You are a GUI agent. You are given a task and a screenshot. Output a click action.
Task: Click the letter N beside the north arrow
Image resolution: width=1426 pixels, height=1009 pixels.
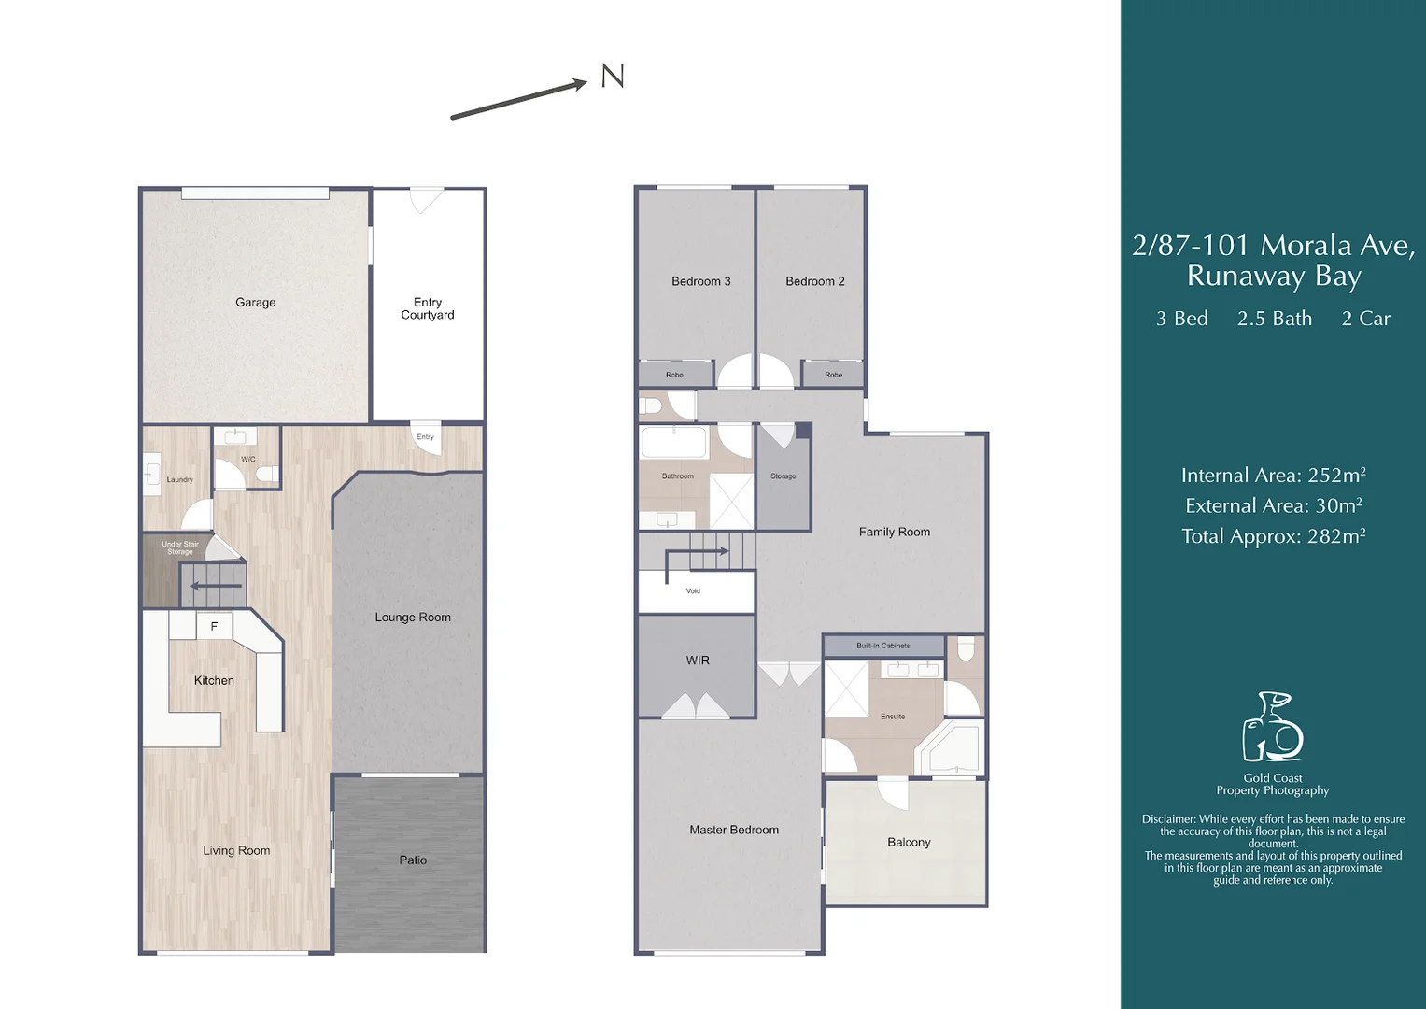click(613, 76)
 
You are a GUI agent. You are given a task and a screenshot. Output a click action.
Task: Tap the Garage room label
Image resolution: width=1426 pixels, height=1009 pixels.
click(255, 303)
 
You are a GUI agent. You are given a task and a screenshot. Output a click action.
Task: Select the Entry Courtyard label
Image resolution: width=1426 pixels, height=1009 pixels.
click(428, 308)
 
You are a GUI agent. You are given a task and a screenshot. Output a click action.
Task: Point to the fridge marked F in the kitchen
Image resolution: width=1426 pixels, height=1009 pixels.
click(214, 626)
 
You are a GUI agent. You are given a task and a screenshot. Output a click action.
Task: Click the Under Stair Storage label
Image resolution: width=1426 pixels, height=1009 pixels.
click(179, 547)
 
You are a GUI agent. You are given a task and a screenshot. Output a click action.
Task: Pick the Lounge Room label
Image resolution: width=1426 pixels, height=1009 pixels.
click(413, 618)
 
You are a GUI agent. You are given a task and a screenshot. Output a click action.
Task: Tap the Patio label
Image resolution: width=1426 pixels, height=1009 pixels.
click(413, 860)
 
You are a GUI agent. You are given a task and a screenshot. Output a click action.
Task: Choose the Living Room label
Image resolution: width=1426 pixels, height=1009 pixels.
click(236, 850)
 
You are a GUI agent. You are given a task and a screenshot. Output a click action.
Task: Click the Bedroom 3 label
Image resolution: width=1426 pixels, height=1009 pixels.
click(700, 281)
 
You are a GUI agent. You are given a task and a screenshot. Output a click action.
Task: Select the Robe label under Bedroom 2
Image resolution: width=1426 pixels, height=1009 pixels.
click(833, 375)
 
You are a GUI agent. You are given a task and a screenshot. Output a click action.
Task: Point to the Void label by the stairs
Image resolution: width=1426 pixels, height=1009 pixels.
click(693, 590)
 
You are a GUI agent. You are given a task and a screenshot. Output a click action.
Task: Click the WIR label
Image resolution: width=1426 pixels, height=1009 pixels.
click(698, 661)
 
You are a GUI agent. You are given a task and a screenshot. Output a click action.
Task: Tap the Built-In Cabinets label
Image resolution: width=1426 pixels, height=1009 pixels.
click(882, 646)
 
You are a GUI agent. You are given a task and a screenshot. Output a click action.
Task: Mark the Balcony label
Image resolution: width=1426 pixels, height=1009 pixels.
click(909, 842)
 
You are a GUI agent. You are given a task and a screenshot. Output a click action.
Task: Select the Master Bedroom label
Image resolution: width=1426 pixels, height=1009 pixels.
click(734, 830)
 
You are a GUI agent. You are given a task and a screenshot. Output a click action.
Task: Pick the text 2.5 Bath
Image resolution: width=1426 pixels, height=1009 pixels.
click(1274, 319)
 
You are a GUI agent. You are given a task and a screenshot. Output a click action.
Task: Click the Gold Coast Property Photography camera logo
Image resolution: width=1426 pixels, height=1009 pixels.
click(1272, 727)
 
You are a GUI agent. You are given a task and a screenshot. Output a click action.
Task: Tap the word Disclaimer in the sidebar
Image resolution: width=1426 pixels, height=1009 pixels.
click(1168, 819)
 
